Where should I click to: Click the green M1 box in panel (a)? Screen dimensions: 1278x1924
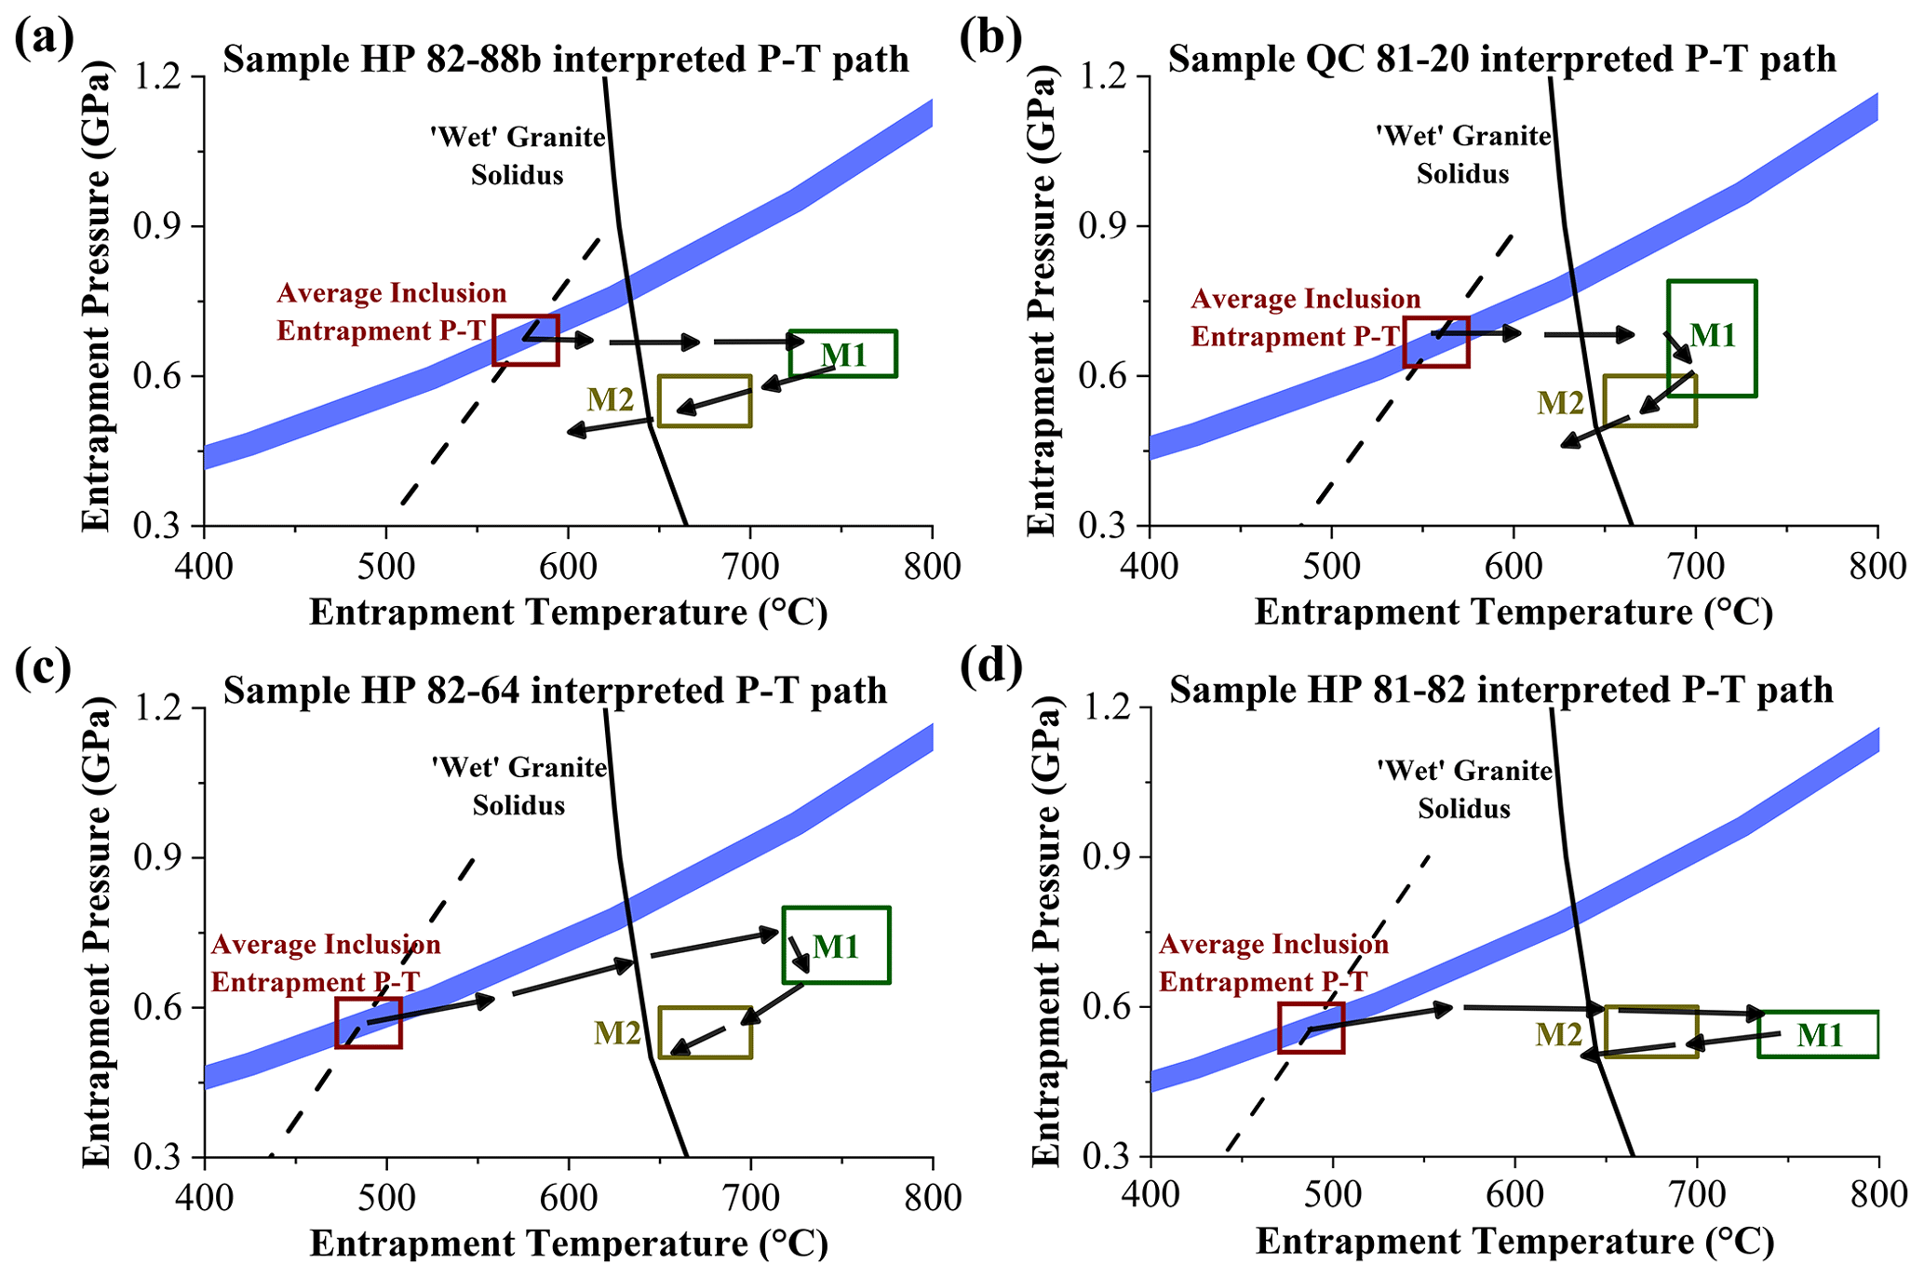842,354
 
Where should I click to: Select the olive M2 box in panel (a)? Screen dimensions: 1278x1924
705,401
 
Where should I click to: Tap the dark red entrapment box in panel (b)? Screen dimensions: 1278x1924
1436,342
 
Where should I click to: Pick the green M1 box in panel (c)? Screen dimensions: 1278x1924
836,945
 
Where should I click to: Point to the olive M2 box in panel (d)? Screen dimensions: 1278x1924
1651,1031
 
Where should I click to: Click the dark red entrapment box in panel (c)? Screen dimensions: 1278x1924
369,1022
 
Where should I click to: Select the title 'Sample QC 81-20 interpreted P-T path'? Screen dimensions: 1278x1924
1501,60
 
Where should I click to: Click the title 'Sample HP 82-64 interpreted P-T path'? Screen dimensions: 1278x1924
555,691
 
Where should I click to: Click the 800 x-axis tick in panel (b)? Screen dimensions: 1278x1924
1877,566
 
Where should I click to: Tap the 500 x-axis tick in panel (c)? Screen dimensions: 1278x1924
385,1197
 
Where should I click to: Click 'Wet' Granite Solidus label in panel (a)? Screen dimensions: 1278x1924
518,155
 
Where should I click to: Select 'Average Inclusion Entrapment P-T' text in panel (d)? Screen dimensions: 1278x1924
1273,962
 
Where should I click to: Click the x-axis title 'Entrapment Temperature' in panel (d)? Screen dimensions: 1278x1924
1514,1242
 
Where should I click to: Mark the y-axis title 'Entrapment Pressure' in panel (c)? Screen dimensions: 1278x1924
97,931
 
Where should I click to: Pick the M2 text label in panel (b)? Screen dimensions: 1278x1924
1560,403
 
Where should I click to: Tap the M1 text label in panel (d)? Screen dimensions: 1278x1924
1819,1035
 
